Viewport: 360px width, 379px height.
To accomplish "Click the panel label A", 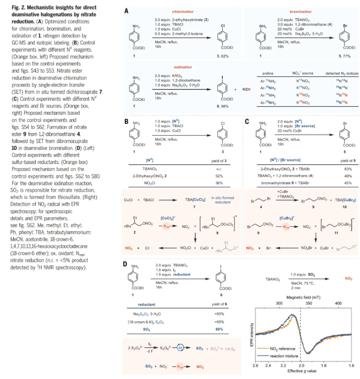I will pos(126,11).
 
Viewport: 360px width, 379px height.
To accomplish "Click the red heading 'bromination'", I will pos(298,11).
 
